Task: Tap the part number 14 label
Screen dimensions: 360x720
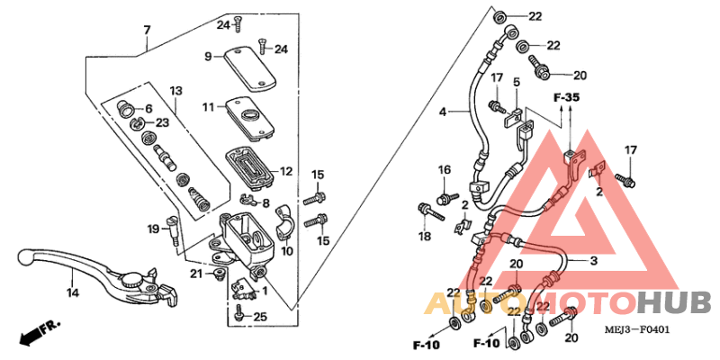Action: click(x=72, y=292)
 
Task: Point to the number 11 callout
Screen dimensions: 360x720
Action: click(x=207, y=106)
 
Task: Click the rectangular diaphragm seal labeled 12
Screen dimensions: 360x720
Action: click(x=247, y=165)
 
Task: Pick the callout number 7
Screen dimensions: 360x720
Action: click(x=147, y=30)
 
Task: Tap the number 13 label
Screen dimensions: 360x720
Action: click(x=175, y=91)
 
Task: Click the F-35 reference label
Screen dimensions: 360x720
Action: click(x=566, y=96)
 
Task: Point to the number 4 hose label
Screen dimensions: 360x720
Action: click(x=442, y=112)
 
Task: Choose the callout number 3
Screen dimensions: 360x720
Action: click(x=593, y=261)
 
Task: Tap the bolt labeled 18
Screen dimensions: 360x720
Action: click(x=429, y=212)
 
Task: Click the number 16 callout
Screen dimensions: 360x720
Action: click(x=444, y=169)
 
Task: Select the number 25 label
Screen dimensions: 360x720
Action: click(x=261, y=316)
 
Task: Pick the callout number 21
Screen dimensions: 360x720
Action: click(x=195, y=274)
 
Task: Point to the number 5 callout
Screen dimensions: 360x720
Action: click(x=517, y=82)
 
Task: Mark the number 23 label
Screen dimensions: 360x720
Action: click(x=162, y=122)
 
